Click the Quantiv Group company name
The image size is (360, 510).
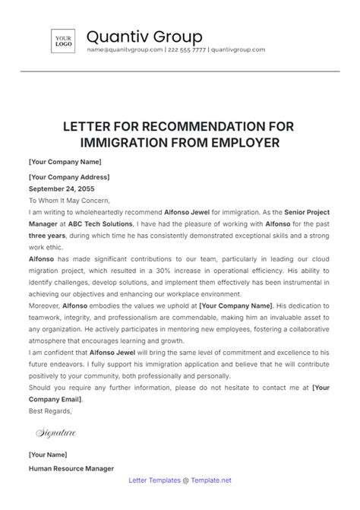click(144, 36)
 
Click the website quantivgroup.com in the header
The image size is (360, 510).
click(237, 49)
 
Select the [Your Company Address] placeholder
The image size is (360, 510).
click(68, 175)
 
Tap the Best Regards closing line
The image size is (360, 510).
click(50, 411)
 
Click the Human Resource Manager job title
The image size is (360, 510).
click(71, 469)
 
